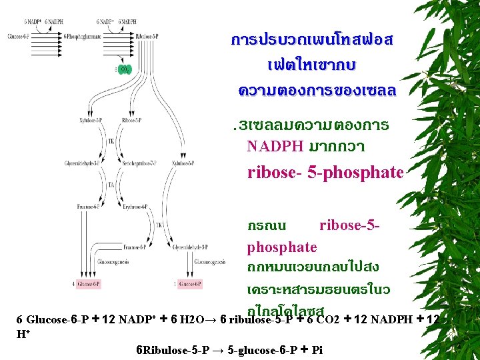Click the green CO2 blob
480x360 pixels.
pyautogui.click(x=125, y=69)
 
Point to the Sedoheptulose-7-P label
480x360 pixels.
pyautogui.click(x=139, y=163)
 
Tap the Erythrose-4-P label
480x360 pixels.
pyautogui.click(x=135, y=207)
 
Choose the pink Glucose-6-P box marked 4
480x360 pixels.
pyautogui.click(x=87, y=285)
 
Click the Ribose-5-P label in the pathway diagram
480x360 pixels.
pyautogui.click(x=132, y=121)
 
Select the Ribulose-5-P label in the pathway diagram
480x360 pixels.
pyautogui.click(x=147, y=36)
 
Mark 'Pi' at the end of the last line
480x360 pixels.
pyautogui.click(x=316, y=350)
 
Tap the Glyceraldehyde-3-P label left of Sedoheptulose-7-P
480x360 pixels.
pyautogui.click(x=81, y=163)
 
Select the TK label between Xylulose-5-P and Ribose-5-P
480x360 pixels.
pyautogui.click(x=111, y=142)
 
